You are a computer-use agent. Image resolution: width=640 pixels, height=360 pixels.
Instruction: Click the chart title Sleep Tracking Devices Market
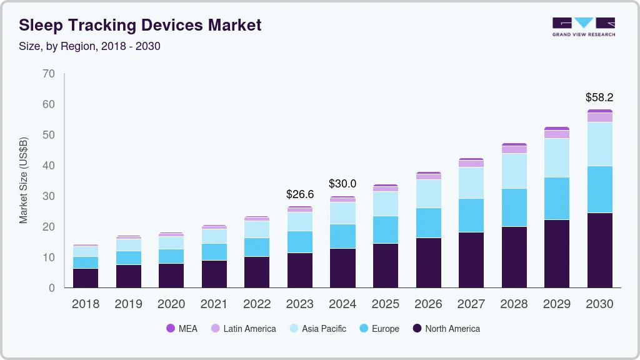[x=140, y=25]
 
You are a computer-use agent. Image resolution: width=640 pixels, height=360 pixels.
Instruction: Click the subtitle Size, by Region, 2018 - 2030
[x=90, y=46]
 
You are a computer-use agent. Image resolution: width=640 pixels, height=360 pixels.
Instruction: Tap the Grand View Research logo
[x=583, y=26]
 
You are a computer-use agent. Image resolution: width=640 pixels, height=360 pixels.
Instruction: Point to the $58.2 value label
[x=599, y=97]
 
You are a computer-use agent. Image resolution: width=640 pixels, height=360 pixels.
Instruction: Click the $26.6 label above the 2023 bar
[x=300, y=194]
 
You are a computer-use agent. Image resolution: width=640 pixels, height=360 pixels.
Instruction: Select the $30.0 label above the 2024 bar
[x=342, y=184]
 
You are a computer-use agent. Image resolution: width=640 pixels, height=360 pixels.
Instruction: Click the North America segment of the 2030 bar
[x=599, y=250]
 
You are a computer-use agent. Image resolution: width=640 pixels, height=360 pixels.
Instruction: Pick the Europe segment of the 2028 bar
[x=514, y=207]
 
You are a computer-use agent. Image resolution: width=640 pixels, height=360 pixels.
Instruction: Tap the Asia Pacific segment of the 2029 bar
[x=556, y=157]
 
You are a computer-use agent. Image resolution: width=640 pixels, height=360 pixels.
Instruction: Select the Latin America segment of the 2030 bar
[x=599, y=117]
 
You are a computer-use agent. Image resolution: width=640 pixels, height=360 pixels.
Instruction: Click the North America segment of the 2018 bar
[x=86, y=277]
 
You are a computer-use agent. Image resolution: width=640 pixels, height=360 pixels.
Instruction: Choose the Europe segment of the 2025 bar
[x=386, y=229]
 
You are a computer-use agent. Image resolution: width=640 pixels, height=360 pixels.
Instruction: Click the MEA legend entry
[x=182, y=329]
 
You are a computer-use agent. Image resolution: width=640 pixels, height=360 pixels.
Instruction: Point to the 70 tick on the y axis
[x=49, y=74]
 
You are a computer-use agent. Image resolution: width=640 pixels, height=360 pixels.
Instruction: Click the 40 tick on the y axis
[x=49, y=166]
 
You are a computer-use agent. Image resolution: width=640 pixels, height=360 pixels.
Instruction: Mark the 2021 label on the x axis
[x=214, y=304]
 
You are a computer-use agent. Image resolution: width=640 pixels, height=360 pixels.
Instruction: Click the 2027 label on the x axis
[x=471, y=304]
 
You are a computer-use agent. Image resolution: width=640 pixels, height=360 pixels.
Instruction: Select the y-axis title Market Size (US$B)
[x=24, y=180]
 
